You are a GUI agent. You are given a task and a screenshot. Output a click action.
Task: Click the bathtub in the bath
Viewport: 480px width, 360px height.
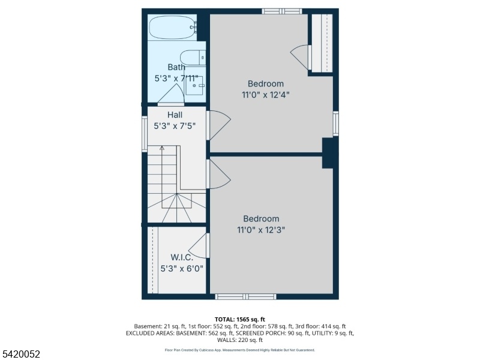(173, 28)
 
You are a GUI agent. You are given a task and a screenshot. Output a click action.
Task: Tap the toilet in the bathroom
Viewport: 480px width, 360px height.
(193, 58)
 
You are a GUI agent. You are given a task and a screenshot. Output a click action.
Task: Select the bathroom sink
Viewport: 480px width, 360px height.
(194, 85)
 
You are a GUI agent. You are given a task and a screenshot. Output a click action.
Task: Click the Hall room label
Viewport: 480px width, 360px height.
(175, 115)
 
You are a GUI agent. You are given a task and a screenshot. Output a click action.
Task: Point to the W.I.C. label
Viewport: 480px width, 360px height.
(182, 257)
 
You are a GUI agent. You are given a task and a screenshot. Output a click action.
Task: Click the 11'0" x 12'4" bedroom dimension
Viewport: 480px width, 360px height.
(266, 95)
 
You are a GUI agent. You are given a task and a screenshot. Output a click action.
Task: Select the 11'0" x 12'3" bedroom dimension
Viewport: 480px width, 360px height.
(261, 230)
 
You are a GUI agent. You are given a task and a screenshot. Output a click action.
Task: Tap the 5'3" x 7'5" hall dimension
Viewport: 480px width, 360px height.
(175, 126)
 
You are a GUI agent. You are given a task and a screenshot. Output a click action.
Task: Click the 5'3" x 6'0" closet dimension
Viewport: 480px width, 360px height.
(182, 269)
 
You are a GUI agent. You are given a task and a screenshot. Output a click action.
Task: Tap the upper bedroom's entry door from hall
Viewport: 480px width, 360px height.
(218, 125)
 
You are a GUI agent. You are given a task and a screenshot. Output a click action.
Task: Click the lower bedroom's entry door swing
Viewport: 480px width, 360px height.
(218, 174)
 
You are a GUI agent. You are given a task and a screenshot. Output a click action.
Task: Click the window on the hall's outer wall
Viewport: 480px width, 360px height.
(145, 134)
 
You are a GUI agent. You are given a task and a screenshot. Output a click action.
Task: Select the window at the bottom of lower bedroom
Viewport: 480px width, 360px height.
(245, 296)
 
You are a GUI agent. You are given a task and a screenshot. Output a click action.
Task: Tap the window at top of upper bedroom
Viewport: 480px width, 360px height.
(282, 11)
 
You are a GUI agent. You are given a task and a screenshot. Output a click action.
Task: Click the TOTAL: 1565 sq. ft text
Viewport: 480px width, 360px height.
(239, 320)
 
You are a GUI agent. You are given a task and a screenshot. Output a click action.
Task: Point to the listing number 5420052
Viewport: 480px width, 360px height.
(20, 354)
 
